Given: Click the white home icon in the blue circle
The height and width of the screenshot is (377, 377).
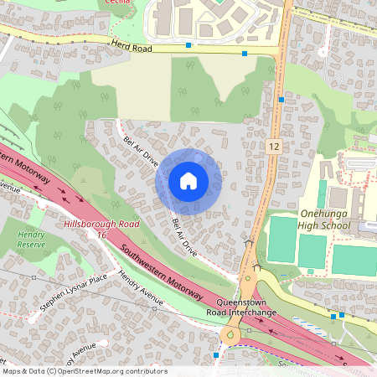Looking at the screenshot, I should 188,181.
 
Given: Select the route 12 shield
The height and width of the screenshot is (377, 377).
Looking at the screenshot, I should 274,147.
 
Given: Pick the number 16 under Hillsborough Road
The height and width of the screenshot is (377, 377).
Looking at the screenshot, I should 101,237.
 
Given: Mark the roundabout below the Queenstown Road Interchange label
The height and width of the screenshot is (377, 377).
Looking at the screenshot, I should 230,336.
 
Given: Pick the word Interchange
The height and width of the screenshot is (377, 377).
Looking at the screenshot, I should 249,312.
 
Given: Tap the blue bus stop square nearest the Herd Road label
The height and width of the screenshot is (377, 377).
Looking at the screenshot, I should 188,44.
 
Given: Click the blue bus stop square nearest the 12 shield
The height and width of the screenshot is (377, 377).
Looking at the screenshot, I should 282,99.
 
